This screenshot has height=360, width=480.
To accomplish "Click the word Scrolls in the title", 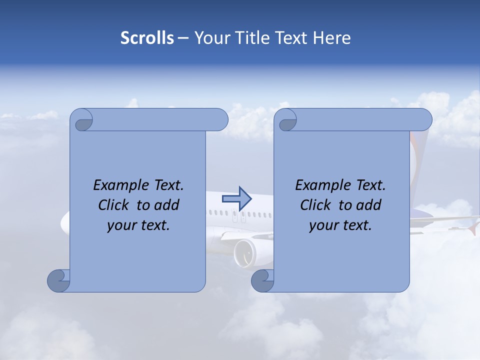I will pos(147,38).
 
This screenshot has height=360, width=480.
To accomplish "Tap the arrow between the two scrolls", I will pos(237,198).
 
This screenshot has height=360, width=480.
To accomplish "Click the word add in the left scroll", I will pos(167,205).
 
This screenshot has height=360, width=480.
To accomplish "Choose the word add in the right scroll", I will pos(369,205).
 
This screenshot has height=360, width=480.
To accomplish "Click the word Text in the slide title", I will pos(292,38).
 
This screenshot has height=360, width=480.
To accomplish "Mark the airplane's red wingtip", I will pos(472,229).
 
